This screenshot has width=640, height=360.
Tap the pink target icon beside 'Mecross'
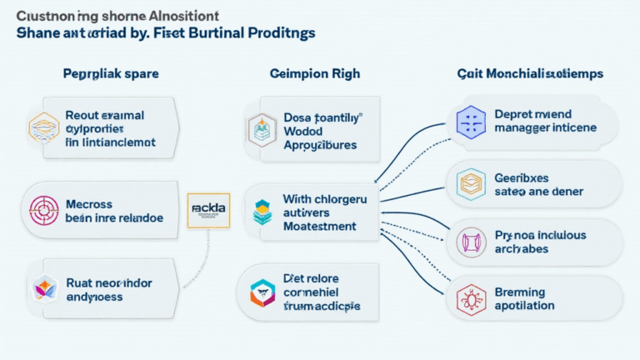pos(40,207)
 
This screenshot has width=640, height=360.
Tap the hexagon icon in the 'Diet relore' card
pos(262,292)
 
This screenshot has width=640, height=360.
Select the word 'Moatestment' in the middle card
pos(320,226)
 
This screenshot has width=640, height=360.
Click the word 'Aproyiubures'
pos(320,144)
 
